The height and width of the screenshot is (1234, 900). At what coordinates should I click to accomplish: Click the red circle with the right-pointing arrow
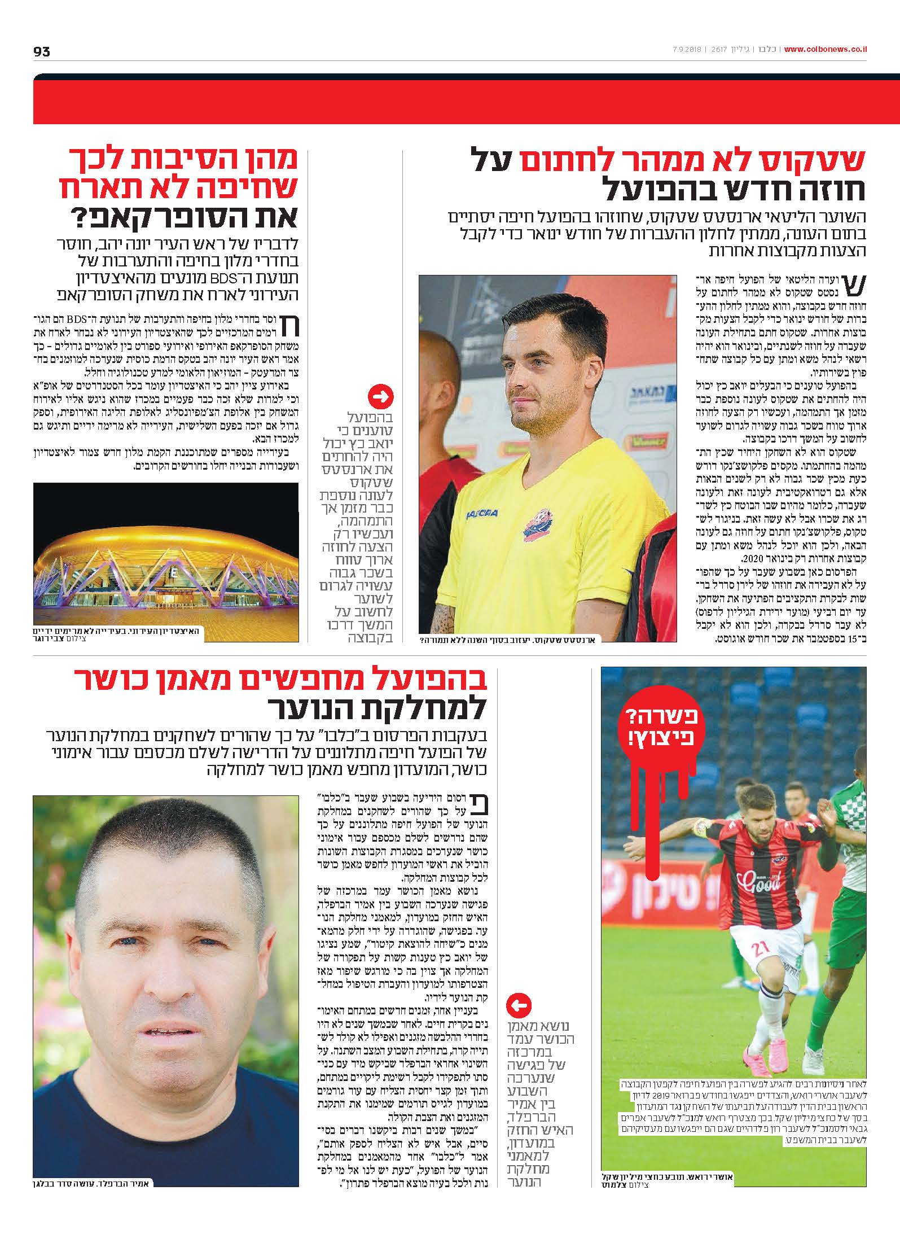coord(381,397)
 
